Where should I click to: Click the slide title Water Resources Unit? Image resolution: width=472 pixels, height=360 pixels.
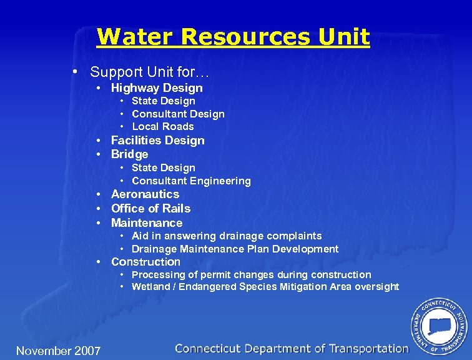pos(233,36)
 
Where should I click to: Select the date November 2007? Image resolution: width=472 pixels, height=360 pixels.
pos(58,351)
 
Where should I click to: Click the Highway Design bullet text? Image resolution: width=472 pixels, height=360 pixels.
pos(157,88)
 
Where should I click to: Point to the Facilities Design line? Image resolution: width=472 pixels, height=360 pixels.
pos(157,140)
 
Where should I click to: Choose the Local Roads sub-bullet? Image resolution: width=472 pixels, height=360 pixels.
pos(163,126)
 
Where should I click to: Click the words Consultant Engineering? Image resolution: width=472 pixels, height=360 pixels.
pos(191,181)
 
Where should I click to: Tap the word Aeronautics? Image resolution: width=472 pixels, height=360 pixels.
pos(145,194)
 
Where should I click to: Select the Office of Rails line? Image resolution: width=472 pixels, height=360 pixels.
pos(150,208)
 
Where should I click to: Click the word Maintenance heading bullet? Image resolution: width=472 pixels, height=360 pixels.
pos(147,222)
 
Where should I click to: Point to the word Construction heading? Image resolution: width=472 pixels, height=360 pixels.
pos(145,261)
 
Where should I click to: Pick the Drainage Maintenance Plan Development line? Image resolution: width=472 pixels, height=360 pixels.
pos(235,249)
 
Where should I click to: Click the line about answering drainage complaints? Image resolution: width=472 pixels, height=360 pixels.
pos(227,236)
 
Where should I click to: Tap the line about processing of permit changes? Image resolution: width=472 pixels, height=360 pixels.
pos(251,274)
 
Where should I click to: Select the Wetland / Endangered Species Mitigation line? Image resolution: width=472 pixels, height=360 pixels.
pos(265,286)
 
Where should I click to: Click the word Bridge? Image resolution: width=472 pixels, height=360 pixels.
pos(129,154)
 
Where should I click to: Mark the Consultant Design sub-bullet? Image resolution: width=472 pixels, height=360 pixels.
pos(178,114)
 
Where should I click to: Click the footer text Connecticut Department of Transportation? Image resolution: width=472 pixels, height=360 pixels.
pos(292,349)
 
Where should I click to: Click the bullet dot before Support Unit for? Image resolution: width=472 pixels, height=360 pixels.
pos(75,71)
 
